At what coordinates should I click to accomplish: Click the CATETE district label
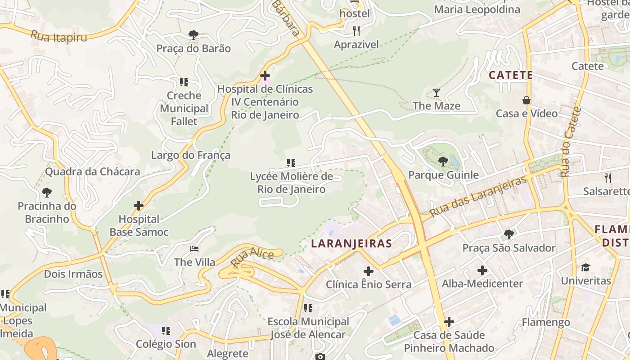[511, 75]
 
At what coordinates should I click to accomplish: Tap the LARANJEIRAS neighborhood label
[351, 243]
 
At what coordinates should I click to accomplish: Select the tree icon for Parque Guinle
[443, 161]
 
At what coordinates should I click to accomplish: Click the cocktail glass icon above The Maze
[436, 93]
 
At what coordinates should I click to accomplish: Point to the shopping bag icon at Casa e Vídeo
[526, 100]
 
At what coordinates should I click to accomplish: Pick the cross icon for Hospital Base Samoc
[139, 206]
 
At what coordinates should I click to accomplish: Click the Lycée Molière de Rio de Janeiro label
[292, 182]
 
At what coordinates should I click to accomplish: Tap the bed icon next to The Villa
[194, 248]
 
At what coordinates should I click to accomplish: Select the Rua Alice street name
[252, 257]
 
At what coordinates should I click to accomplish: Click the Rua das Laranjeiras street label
[478, 197]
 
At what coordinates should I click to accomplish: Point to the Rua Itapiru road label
[58, 36]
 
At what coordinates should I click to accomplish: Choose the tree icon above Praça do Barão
[193, 35]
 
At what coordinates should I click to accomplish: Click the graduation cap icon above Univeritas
[585, 267]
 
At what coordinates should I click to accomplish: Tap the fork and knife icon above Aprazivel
[356, 31]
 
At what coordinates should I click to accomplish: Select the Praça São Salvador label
[509, 248]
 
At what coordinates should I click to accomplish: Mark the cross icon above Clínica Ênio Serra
[369, 271]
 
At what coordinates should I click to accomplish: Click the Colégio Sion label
[166, 344]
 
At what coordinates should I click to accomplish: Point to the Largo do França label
[191, 155]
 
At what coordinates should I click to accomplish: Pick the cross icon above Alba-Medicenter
[482, 270]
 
